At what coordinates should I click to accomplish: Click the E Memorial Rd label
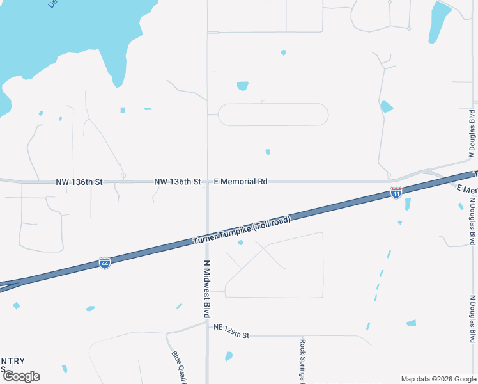(240, 182)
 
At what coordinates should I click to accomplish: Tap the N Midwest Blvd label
(207, 289)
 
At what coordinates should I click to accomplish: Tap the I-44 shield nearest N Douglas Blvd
(396, 192)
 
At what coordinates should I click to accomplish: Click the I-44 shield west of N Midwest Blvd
(105, 263)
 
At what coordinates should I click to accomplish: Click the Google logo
(21, 376)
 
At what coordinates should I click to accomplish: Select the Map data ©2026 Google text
(438, 379)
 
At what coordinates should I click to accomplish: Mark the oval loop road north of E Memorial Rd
(274, 115)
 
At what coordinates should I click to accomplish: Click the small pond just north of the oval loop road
(242, 86)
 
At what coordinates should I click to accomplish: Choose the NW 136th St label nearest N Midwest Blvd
(178, 182)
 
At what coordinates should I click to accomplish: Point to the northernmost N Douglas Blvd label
(472, 134)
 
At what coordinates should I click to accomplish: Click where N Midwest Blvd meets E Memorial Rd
(207, 182)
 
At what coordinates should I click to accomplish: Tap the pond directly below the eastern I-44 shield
(408, 204)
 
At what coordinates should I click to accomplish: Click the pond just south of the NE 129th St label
(228, 356)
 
